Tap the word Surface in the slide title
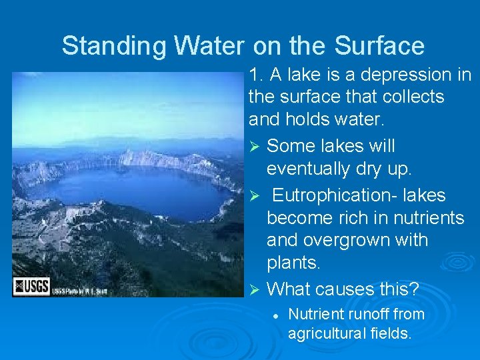pos(379,46)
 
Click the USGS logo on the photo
pos(30,287)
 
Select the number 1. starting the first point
pos(256,75)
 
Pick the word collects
pos(417,97)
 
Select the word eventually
pos(313,169)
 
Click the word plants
pos(293,263)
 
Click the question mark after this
pos(415,289)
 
